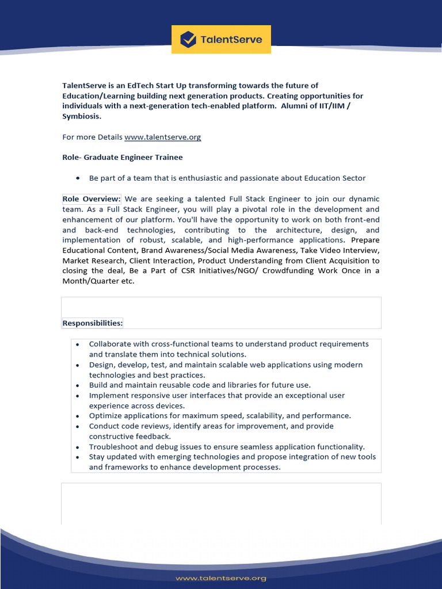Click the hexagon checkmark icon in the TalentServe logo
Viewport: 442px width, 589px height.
coord(188,40)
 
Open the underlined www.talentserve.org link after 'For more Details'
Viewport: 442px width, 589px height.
coord(162,137)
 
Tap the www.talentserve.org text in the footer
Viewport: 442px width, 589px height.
coord(221,578)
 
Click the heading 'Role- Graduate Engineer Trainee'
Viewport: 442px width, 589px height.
coord(122,157)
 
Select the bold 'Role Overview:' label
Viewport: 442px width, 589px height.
coord(92,199)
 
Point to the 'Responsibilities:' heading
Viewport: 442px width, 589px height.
coord(92,323)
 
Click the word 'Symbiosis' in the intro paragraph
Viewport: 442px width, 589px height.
coord(81,116)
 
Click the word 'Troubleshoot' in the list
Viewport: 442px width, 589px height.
coord(113,446)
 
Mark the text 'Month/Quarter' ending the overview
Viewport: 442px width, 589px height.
coord(88,281)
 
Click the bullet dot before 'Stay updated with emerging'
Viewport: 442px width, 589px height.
coord(77,457)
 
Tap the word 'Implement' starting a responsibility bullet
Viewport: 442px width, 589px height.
coord(108,395)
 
